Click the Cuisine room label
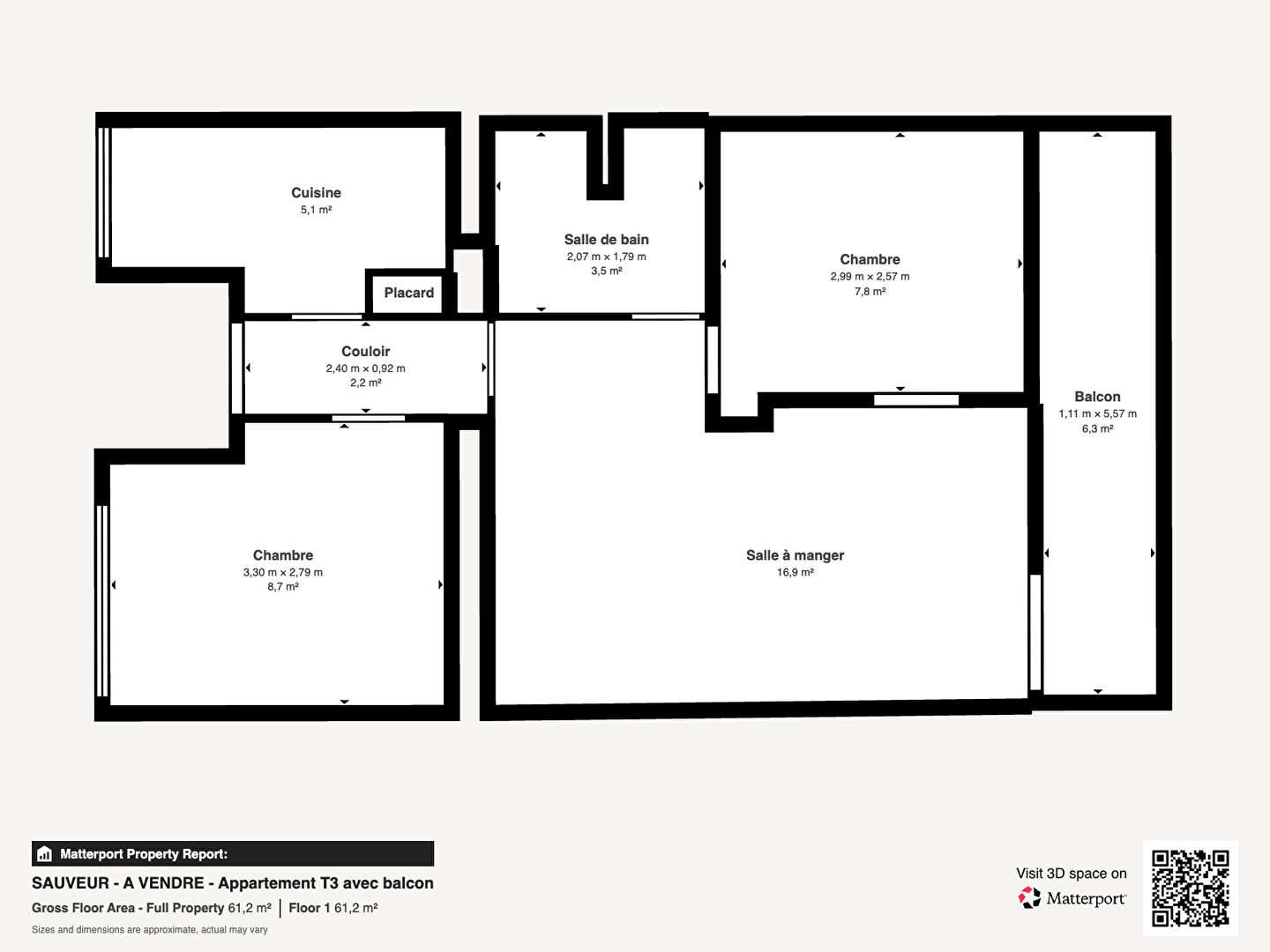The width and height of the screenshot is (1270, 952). point(316,192)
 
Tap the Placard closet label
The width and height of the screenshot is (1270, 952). point(409,293)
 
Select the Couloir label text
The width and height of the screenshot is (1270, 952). point(366,351)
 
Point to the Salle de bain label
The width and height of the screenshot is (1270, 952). point(607,239)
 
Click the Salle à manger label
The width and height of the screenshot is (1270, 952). point(795,555)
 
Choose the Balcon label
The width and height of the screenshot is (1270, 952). point(1098,397)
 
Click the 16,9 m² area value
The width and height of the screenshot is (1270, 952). point(795,572)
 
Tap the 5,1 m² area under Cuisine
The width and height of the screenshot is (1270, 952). point(316,210)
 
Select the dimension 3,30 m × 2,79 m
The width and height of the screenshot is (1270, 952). point(283,572)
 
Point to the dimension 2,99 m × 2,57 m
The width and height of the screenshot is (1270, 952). point(870,276)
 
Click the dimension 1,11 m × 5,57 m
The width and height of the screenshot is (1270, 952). point(1098,414)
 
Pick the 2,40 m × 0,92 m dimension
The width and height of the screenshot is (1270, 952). point(366,368)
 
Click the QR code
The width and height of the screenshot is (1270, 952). point(1190,889)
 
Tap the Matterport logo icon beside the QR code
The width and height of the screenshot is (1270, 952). point(1028,897)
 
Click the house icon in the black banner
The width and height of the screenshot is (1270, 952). point(45,854)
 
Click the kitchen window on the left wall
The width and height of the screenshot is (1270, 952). point(103,192)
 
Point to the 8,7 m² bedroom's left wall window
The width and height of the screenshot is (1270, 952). point(101,601)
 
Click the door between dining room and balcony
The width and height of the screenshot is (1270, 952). point(1035,632)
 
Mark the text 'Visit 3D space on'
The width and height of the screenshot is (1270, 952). point(1072,874)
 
